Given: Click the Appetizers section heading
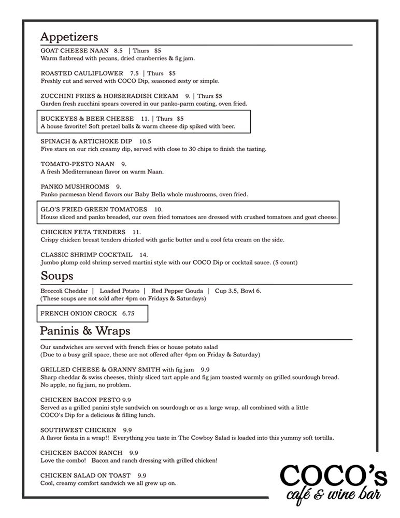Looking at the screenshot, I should click(69, 37).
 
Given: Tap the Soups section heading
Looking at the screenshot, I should click(56, 275).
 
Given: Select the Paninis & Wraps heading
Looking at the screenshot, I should click(85, 330).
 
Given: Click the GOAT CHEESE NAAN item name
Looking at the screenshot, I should click(74, 51).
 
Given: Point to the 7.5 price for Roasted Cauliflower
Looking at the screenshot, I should click(135, 74).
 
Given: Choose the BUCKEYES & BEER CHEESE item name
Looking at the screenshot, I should click(87, 119).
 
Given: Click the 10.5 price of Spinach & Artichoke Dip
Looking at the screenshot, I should click(145, 141).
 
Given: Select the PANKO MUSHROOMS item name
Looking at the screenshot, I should click(75, 186).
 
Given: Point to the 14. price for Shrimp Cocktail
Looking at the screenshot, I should click(144, 254).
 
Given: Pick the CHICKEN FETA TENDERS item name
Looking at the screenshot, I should click(83, 232).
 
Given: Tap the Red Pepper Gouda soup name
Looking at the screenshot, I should click(176, 291).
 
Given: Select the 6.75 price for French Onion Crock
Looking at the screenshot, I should click(128, 313).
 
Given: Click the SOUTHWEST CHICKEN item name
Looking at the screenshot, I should click(78, 430).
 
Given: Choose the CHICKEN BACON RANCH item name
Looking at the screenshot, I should click(81, 452).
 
